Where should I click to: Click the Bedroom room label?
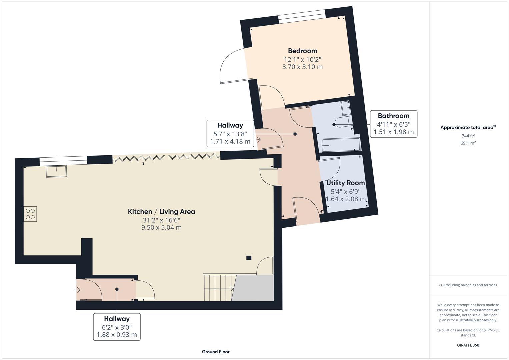pyautogui.click(x=302, y=51)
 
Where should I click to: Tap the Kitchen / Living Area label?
pyautogui.click(x=161, y=212)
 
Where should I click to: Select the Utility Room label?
pyautogui.click(x=345, y=183)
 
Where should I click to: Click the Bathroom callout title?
pyautogui.click(x=394, y=116)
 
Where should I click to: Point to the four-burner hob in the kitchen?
pyautogui.click(x=30, y=214)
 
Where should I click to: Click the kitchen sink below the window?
pyautogui.click(x=56, y=171)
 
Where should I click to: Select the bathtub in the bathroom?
pyautogui.click(x=341, y=145)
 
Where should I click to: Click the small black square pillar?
pyautogui.click(x=249, y=258)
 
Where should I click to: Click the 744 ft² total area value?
pyautogui.click(x=468, y=136)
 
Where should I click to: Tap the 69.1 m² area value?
pyautogui.click(x=468, y=143)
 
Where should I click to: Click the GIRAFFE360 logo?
pyautogui.click(x=468, y=345)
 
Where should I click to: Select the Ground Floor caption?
pyautogui.click(x=216, y=352)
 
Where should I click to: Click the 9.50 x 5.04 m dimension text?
pyautogui.click(x=161, y=227)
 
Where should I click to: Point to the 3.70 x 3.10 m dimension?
pyautogui.click(x=302, y=67)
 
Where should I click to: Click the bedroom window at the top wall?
pyautogui.click(x=302, y=16)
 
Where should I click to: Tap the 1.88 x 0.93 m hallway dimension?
pyautogui.click(x=117, y=335)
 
